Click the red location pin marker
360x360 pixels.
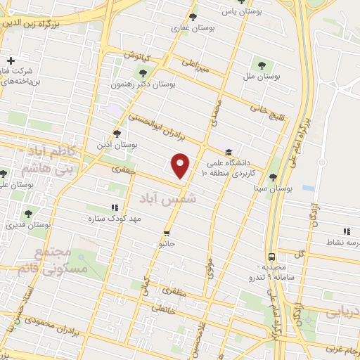[x=181, y=165]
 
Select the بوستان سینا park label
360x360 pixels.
[x=274, y=188]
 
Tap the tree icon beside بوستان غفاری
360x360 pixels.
[x=193, y=18]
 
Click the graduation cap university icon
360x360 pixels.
[x=228, y=151]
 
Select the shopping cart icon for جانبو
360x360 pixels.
[x=167, y=232]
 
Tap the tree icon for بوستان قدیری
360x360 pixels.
[x=28, y=214]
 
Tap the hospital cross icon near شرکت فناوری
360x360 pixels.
[x=11, y=60]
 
